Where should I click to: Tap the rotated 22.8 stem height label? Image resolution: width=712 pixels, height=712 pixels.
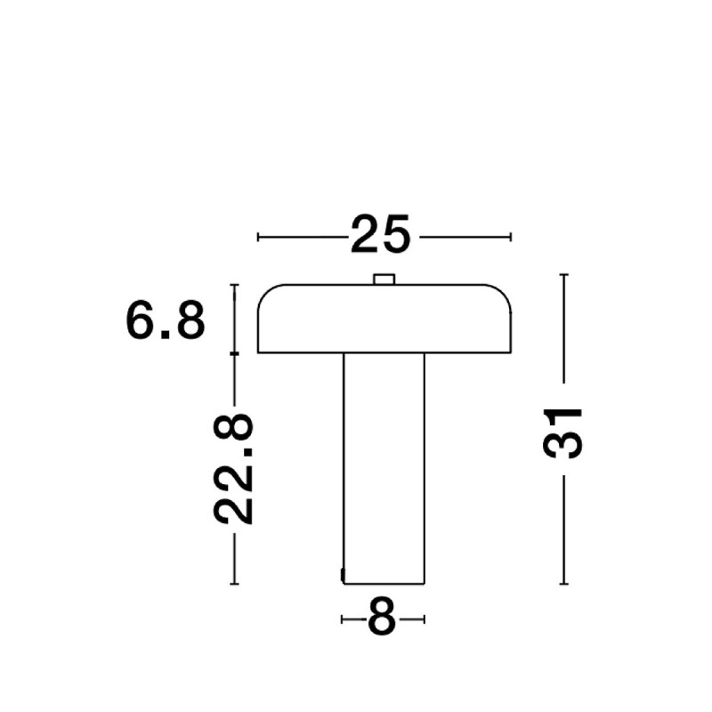click(235, 468)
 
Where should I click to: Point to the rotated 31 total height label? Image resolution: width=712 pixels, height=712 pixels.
click(562, 433)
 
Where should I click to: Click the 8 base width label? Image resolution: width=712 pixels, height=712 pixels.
click(382, 618)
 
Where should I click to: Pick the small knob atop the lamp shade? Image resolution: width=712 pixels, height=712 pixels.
click(384, 279)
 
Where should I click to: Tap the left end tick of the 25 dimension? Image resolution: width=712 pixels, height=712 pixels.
click(258, 237)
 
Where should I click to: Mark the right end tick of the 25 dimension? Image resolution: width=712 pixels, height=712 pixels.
click(512, 237)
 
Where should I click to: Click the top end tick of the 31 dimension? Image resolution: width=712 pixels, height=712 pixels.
click(563, 275)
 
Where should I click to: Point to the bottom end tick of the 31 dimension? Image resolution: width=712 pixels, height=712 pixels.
click(563, 584)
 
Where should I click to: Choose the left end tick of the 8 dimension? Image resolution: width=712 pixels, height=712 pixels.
click(343, 618)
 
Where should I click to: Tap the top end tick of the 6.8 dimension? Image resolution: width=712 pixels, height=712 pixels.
click(235, 285)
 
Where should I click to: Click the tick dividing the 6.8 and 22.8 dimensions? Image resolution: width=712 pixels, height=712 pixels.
click(235, 354)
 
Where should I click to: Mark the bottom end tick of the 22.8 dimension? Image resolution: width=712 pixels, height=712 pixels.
click(235, 584)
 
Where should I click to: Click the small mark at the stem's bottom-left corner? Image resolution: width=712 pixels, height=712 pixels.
click(343, 574)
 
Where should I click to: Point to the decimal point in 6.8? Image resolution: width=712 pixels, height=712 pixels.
click(166, 336)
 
